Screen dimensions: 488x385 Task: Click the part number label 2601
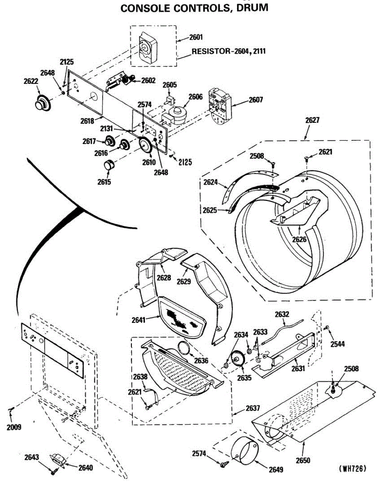pyautogui.click(x=196, y=37)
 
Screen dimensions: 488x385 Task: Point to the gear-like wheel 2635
pyautogui.click(x=236, y=359)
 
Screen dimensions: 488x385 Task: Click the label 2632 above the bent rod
pyautogui.click(x=282, y=314)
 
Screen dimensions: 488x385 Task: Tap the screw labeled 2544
pyautogui.click(x=326, y=328)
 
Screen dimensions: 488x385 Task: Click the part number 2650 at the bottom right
pyautogui.click(x=303, y=460)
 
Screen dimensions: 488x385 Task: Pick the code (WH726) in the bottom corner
pyautogui.click(x=352, y=468)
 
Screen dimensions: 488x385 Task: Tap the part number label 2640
pyautogui.click(x=85, y=468)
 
